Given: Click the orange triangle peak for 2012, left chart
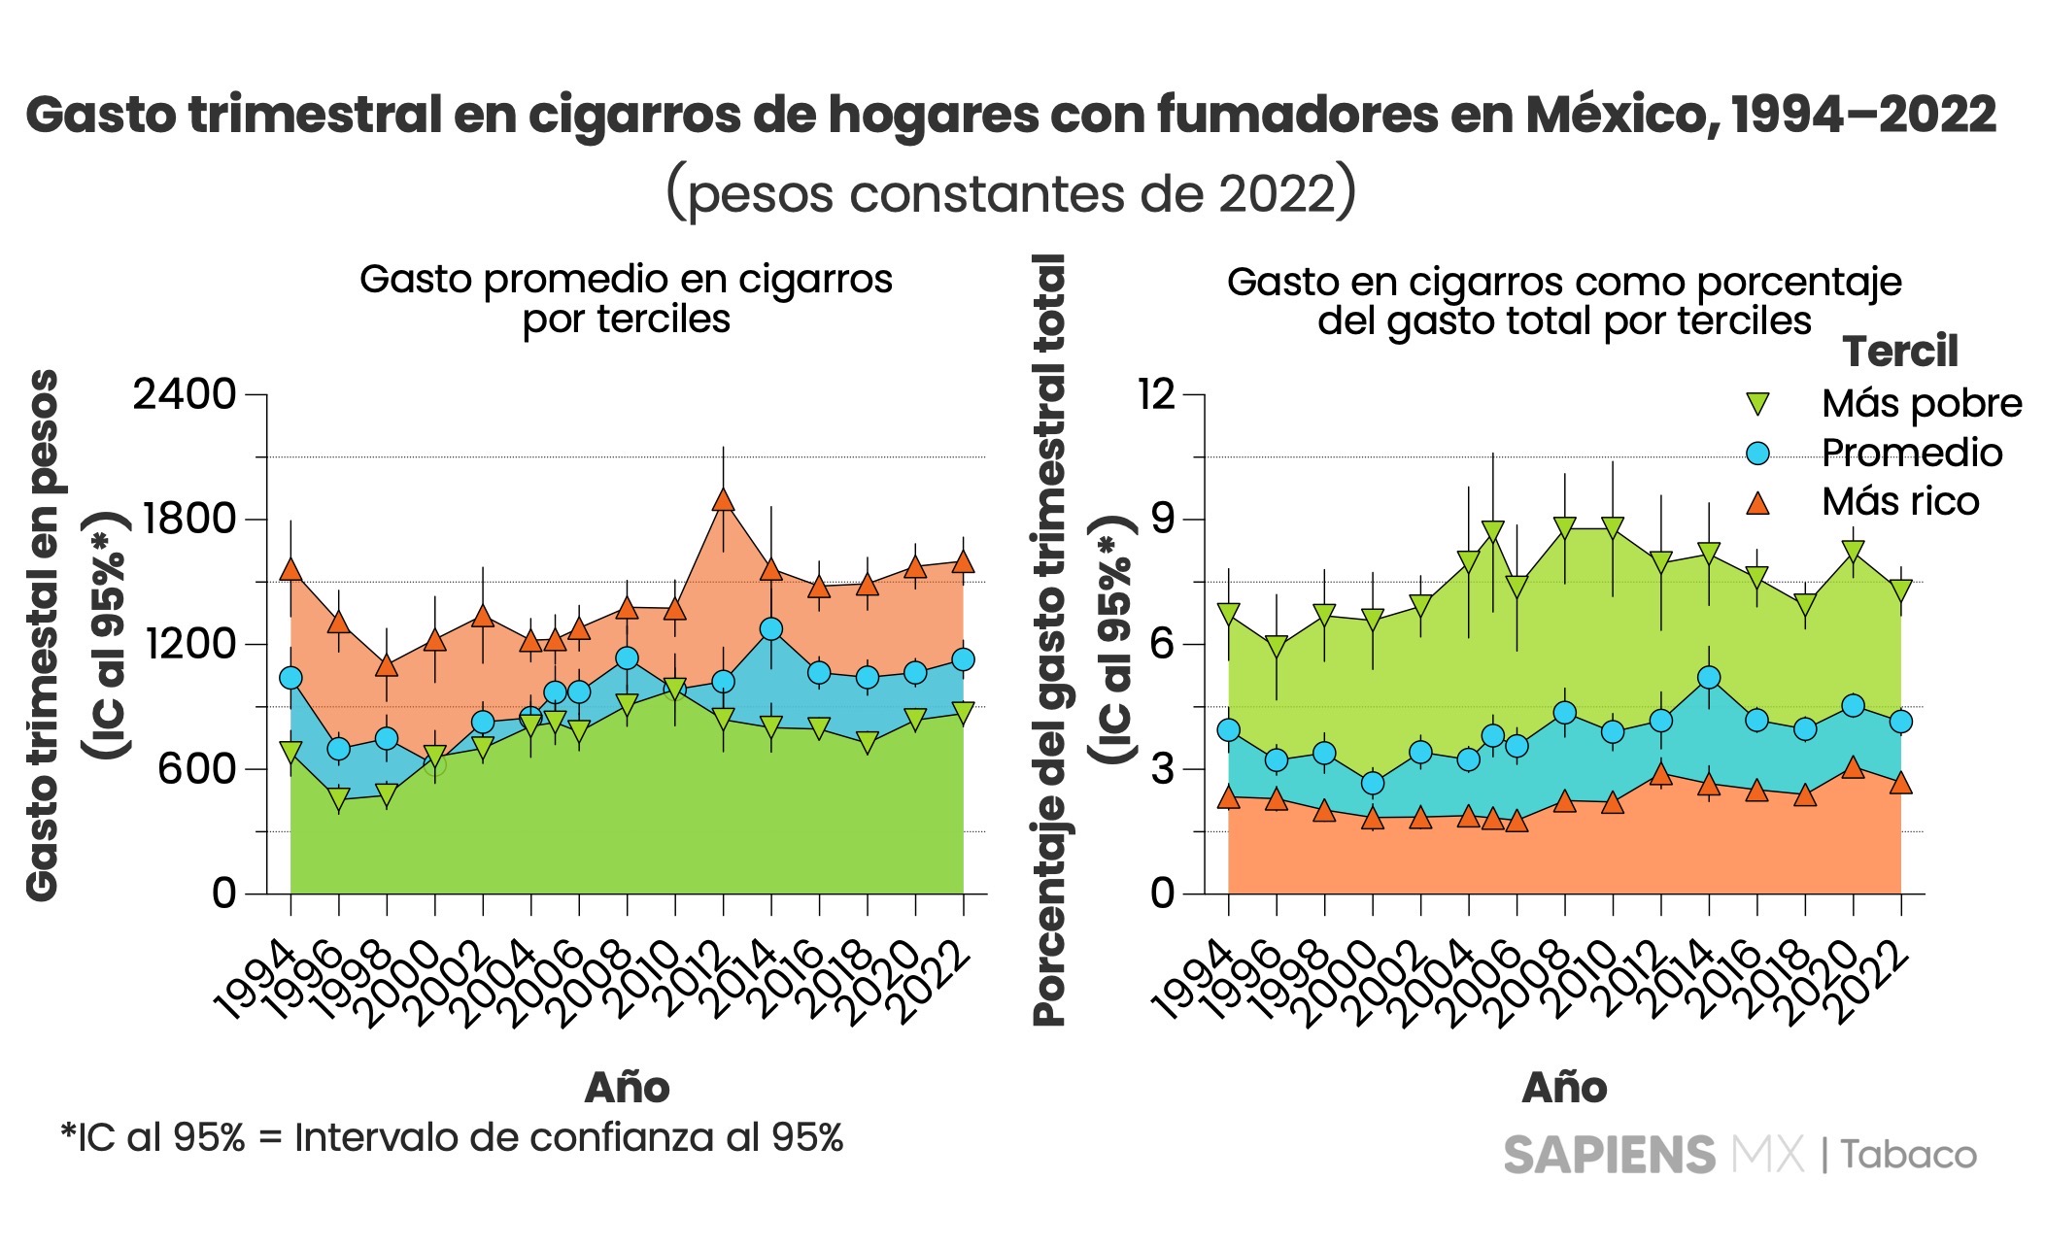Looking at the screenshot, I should tap(723, 500).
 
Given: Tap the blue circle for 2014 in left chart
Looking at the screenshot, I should tap(771, 628).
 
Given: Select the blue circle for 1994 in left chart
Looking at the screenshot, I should tap(290, 678).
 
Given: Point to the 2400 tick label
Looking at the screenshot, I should tap(185, 395).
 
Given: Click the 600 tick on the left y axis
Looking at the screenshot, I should tap(198, 768).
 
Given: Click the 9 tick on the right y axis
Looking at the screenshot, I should tap(1163, 519).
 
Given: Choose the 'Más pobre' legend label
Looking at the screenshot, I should tap(1922, 403).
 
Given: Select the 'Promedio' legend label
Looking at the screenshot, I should tap(1911, 453).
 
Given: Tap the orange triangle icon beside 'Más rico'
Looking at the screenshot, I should tap(1757, 502).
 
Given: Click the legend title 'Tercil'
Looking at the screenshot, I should tap(1900, 352).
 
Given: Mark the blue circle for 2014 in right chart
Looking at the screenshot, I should tap(1709, 678).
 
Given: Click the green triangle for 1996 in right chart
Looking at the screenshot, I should tap(1277, 647).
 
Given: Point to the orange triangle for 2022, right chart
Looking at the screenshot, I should tap(1901, 784).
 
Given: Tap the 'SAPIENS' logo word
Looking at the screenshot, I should tap(1609, 1155).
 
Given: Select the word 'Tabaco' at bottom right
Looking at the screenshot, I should tap(1908, 1155).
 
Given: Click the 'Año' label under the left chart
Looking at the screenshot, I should tap(627, 1088).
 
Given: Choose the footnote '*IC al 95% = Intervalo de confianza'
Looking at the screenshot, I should tap(452, 1137).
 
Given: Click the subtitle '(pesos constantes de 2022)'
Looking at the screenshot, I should tap(1010, 192).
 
